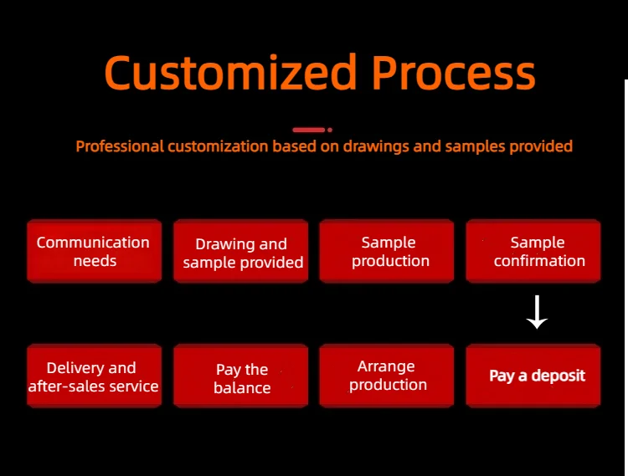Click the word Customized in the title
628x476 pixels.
[231, 72]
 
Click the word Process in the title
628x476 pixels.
[454, 72]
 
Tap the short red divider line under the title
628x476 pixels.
[308, 130]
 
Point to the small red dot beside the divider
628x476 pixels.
[330, 130]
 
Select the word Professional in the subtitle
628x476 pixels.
[120, 146]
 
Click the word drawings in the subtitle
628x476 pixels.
[376, 146]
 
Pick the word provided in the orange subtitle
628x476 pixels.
[541, 146]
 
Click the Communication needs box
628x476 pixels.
[94, 251]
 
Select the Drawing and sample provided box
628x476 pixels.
[240, 251]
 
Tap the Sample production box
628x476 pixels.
[387, 251]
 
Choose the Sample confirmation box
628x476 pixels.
[533, 251]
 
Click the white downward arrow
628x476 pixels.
[537, 312]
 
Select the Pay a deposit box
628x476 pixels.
[533, 376]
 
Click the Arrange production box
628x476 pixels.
[387, 376]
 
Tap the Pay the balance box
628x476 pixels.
[240, 376]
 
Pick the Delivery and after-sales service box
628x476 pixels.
[94, 376]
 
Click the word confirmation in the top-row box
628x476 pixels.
[539, 261]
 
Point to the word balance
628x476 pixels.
[242, 387]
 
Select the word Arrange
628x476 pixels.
[386, 367]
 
